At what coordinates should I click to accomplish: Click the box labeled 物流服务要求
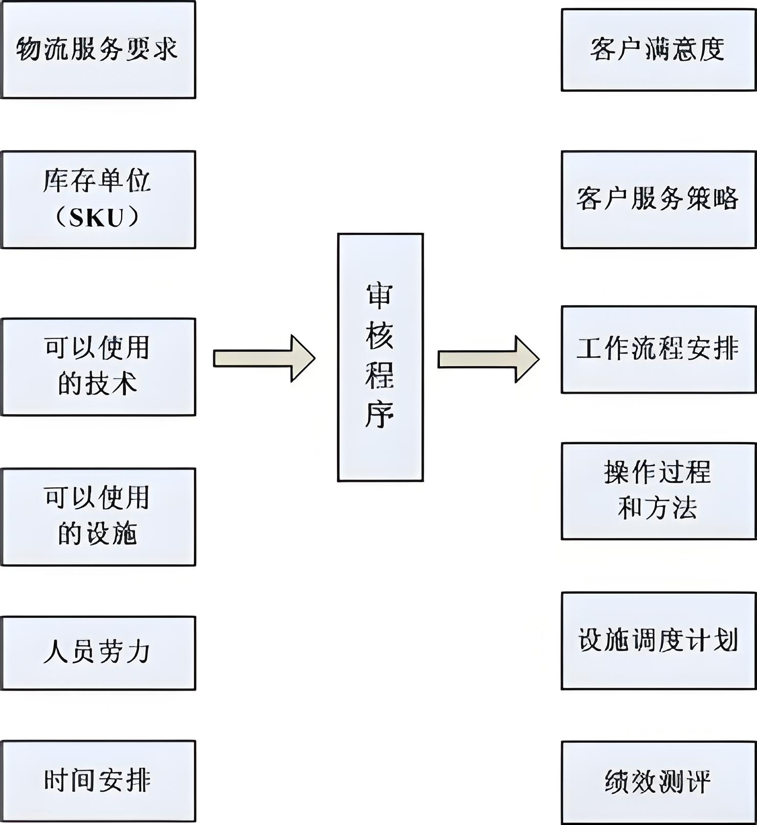coord(98,50)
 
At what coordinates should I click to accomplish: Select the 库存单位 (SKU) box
coord(98,200)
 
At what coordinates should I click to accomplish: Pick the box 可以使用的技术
coord(98,366)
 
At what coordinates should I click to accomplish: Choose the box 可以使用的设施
coord(98,516)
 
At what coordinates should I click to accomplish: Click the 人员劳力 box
coord(98,653)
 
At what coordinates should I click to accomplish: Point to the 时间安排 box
coord(98,780)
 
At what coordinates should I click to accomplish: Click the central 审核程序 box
coord(380,357)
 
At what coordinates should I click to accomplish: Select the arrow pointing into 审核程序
coord(263,358)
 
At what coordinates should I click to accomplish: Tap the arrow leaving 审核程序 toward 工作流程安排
coord(488,359)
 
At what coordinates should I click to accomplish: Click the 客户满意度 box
coord(658,50)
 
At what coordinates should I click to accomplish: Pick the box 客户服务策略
coord(658,200)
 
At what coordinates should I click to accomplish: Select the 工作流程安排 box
coord(658,350)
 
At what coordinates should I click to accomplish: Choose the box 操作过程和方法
coord(658,490)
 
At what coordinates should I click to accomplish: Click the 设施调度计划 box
coord(658,641)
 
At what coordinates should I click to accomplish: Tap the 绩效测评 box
coord(658,782)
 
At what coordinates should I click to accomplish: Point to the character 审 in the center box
coord(380,296)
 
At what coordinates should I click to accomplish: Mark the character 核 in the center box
coord(380,336)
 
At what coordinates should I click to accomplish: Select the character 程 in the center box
coord(380,375)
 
